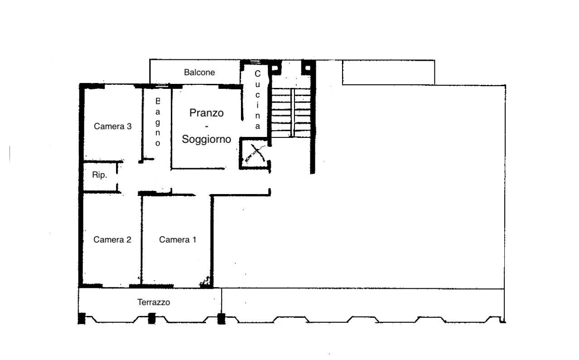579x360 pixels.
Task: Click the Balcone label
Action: pos(199,73)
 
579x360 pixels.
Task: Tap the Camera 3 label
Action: pos(113,126)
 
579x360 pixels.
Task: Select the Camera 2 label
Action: pos(112,240)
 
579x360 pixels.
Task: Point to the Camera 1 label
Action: pos(178,240)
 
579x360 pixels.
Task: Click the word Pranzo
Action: pos(206,113)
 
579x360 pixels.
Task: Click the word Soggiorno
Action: pos(206,139)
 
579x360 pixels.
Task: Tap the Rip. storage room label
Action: pos(100,175)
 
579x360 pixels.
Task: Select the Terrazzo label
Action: pos(154,302)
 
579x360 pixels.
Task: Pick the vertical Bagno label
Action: pos(158,122)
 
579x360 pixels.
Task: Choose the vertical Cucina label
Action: pos(257,100)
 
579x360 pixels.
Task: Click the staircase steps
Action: pos(291,113)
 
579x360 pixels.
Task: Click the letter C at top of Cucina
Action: pos(257,74)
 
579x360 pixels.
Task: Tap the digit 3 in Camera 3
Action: pos(129,126)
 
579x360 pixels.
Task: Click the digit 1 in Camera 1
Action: pos(194,240)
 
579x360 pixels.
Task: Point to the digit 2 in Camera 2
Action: pos(129,240)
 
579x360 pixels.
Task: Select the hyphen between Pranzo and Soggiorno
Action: pos(207,126)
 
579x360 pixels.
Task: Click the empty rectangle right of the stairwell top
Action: pos(389,73)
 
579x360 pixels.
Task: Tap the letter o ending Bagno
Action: pos(158,143)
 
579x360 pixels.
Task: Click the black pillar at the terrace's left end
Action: pos(82,318)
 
